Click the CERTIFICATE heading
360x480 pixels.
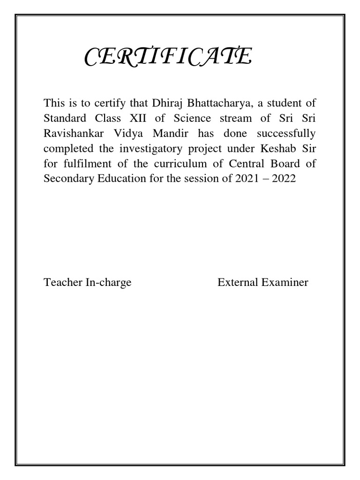pyautogui.click(x=168, y=58)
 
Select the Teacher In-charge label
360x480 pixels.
pyautogui.click(x=87, y=283)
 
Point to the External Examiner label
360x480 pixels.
pyautogui.click(x=262, y=283)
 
